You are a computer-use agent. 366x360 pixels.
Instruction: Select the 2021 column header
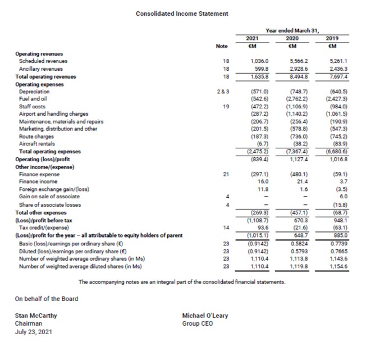(x=251, y=38)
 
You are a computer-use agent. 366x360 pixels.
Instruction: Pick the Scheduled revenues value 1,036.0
(x=256, y=60)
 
